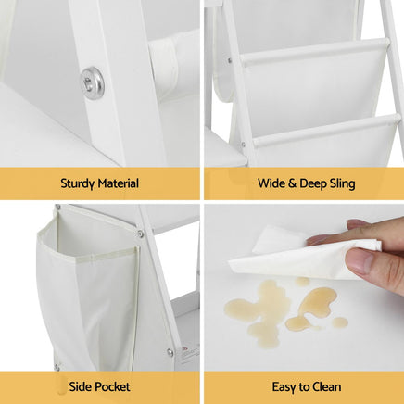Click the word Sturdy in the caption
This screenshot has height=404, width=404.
[x=78, y=183]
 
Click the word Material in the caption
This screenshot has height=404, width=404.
[x=119, y=183]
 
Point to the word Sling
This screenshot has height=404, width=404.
[x=343, y=183]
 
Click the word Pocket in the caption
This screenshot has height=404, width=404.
[x=112, y=386]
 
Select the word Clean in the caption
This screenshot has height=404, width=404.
[x=327, y=386]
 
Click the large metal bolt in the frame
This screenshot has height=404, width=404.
[x=93, y=82]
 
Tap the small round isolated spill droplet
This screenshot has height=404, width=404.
[x=340, y=322]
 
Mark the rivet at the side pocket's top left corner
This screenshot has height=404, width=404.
[x=57, y=207]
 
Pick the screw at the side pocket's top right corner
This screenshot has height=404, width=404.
[x=141, y=234]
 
